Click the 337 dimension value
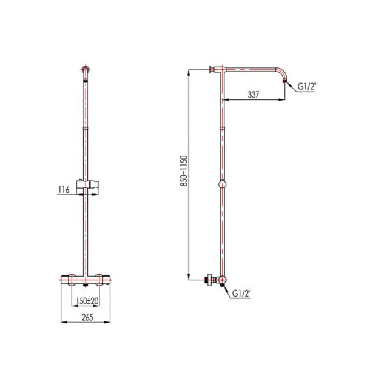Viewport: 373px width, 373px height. (x=254, y=95)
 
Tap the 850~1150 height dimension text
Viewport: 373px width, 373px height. (x=184, y=171)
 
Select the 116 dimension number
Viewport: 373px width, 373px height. (x=64, y=190)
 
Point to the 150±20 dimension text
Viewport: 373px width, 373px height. (x=87, y=301)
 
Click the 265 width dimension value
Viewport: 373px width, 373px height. (x=87, y=317)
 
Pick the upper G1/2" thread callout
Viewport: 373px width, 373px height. (x=307, y=87)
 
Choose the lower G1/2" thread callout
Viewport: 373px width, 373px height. (x=241, y=294)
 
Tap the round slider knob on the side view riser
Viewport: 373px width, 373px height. (x=222, y=184)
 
